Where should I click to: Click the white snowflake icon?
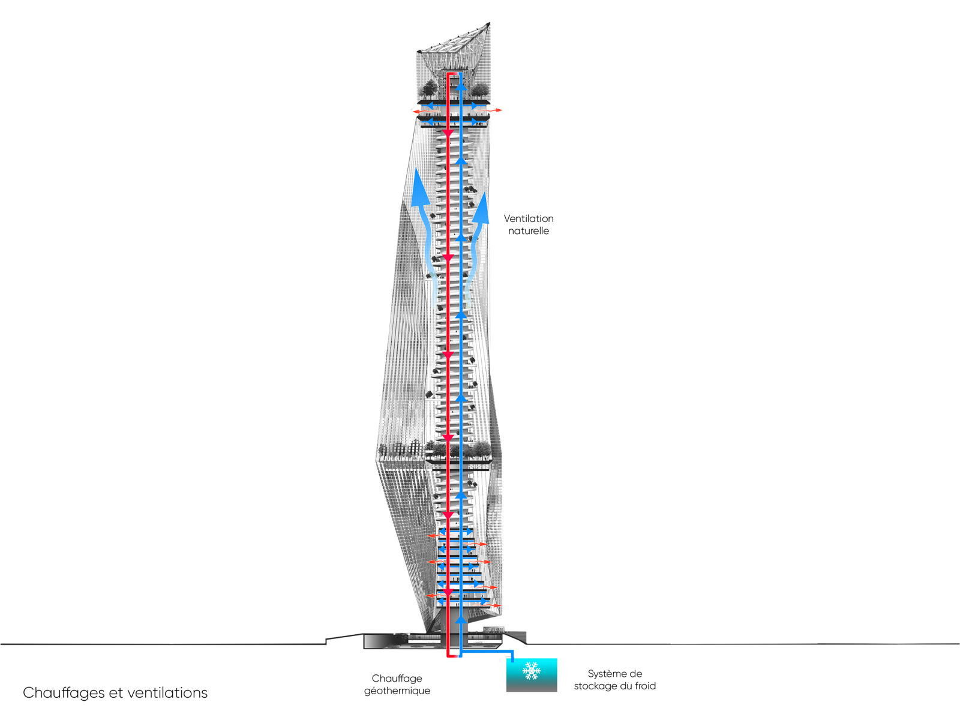tap(532, 671)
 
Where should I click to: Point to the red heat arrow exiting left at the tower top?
tap(416, 111)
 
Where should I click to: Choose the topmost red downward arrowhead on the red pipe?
tap(448, 133)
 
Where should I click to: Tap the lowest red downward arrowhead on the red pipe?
tap(448, 593)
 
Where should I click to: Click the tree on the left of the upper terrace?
tap(428, 89)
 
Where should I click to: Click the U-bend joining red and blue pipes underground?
tap(454, 656)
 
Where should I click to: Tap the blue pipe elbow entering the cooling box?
tap(512, 653)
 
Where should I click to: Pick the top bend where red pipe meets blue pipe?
tap(453, 73)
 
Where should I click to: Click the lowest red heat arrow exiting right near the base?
tap(494, 606)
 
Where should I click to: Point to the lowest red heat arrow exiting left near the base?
tap(430, 595)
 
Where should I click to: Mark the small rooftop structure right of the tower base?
tap(493, 630)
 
